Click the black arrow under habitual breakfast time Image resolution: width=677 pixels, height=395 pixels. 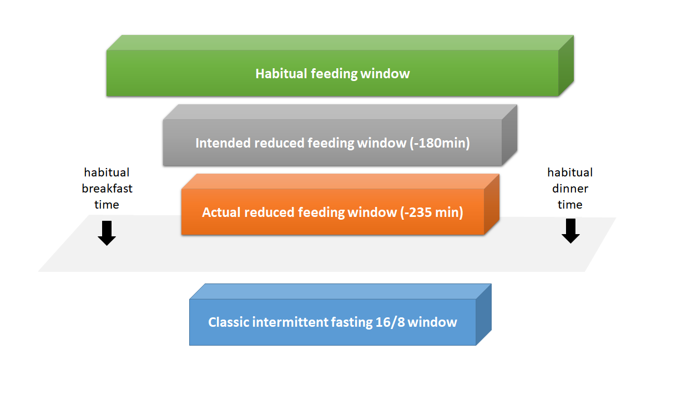[x=107, y=232]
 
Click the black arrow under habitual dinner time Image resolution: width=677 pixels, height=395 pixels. [x=570, y=231]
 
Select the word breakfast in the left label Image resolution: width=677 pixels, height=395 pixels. [x=107, y=189]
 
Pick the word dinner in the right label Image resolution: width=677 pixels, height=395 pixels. [x=570, y=189]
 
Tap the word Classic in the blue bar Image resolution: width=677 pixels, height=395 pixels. [x=228, y=322]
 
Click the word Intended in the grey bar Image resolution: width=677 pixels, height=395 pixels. [x=222, y=143]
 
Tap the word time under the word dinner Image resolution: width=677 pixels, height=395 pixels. [x=570, y=205]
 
